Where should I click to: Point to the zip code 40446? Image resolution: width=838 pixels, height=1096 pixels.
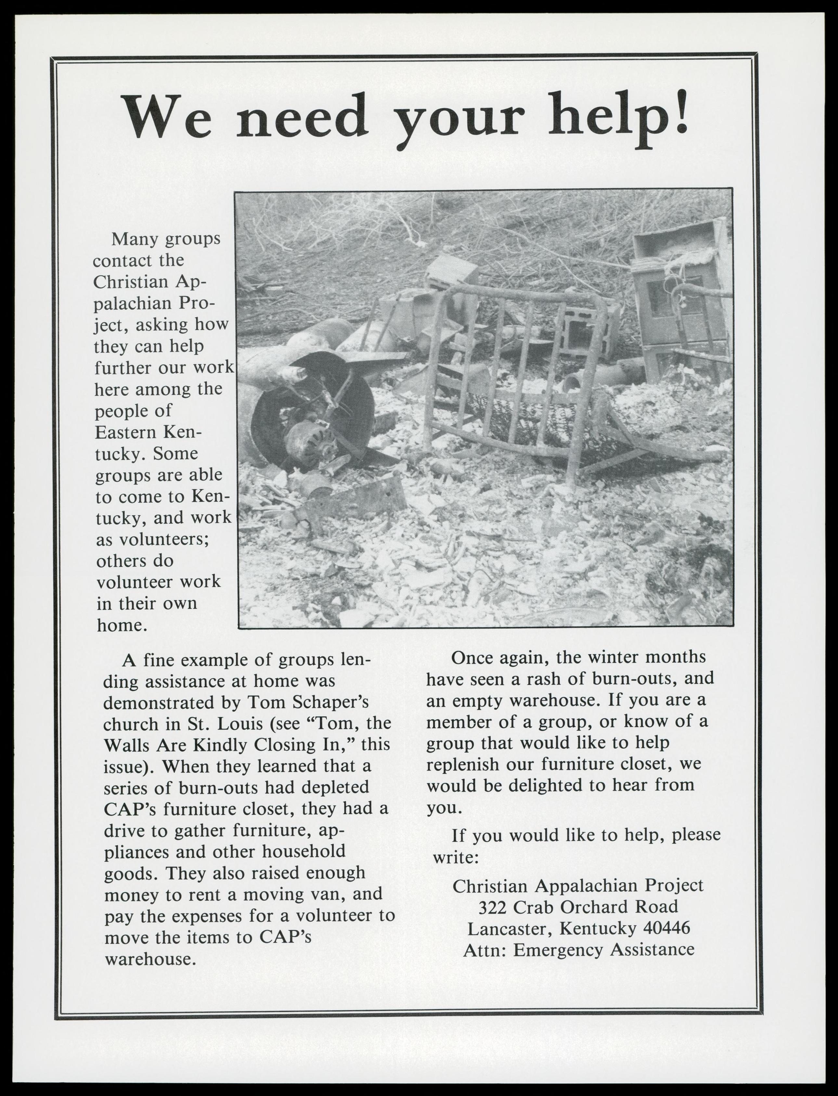click(x=666, y=928)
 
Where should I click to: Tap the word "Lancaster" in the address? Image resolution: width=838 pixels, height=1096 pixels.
click(x=510, y=928)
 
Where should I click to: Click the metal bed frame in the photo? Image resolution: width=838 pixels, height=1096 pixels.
click(x=519, y=379)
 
